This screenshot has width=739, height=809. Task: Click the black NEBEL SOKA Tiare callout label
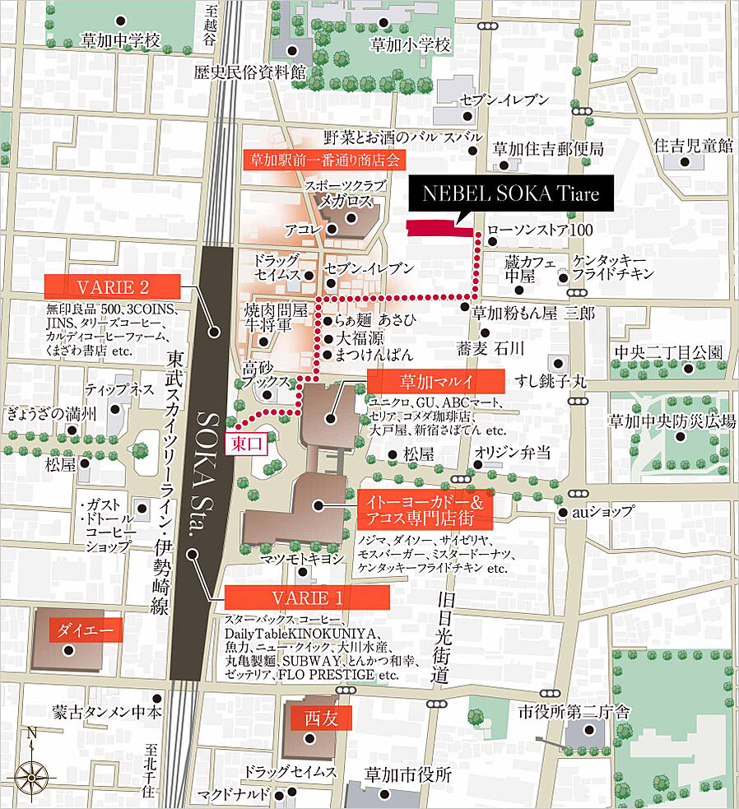[x=511, y=195]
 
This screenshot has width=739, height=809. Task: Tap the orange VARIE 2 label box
[x=112, y=286]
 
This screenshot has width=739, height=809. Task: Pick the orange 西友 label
[x=316, y=718]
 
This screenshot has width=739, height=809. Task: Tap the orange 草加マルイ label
[x=435, y=382]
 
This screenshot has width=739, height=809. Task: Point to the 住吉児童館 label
[x=693, y=146]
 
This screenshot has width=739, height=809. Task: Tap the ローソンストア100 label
[x=540, y=230]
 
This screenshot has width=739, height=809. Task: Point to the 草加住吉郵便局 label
[x=548, y=149]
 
